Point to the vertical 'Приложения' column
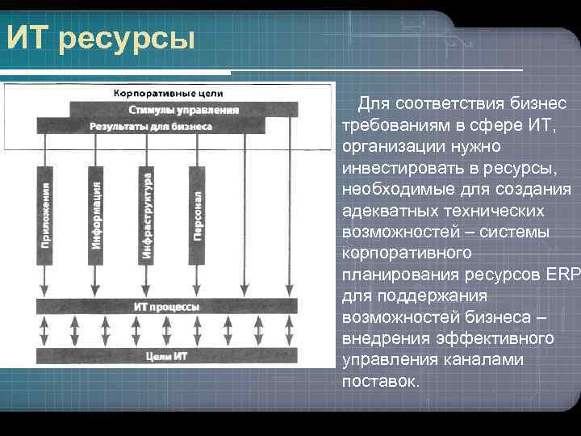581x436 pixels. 45,215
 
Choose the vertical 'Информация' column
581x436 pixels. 95,215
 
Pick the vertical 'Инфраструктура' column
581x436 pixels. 147,215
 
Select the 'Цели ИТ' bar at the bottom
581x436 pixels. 166,356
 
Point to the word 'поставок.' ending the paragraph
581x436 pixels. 381,379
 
